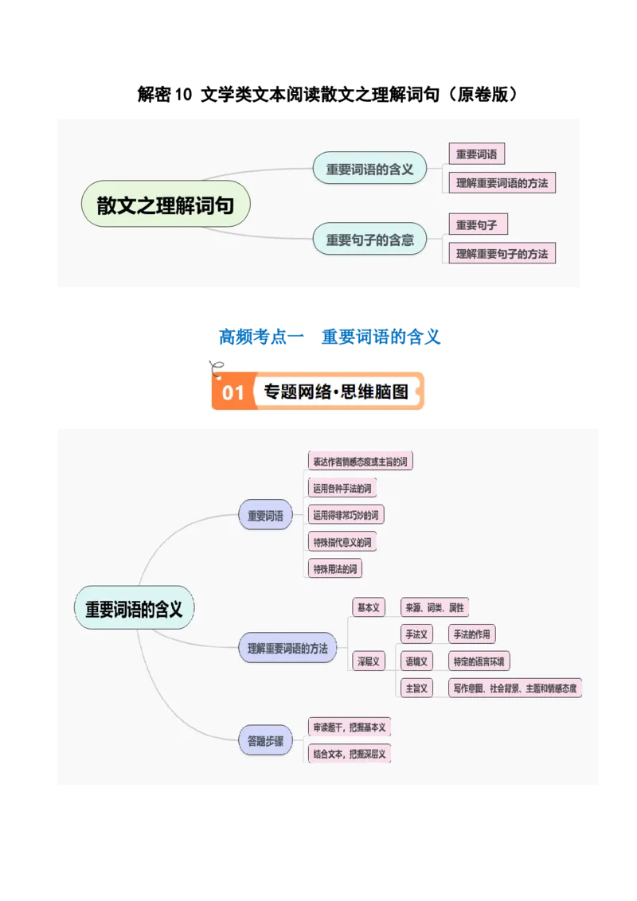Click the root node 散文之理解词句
pyautogui.click(x=166, y=205)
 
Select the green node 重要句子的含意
pyautogui.click(x=369, y=240)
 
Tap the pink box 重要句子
pyautogui.click(x=477, y=225)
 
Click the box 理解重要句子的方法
pyautogui.click(x=502, y=254)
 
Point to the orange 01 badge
pyautogui.click(x=233, y=392)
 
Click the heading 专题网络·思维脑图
pyautogui.click(x=336, y=392)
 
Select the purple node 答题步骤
pyautogui.click(x=265, y=740)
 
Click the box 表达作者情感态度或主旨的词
pyautogui.click(x=361, y=461)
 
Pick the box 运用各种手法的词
pyautogui.click(x=342, y=488)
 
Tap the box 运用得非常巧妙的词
pyautogui.click(x=346, y=515)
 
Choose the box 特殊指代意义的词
pyautogui.click(x=342, y=543)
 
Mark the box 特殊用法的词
pyautogui.click(x=337, y=569)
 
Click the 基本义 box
pyautogui.click(x=368, y=607)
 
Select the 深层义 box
pyautogui.click(x=368, y=661)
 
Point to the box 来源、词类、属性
pyautogui.click(x=435, y=607)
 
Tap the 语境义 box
pyautogui.click(x=416, y=661)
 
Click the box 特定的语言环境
pyautogui.click(x=479, y=661)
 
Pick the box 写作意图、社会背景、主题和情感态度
pyautogui.click(x=515, y=688)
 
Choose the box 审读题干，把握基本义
pyautogui.click(x=350, y=727)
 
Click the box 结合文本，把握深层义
pyautogui.click(x=350, y=753)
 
